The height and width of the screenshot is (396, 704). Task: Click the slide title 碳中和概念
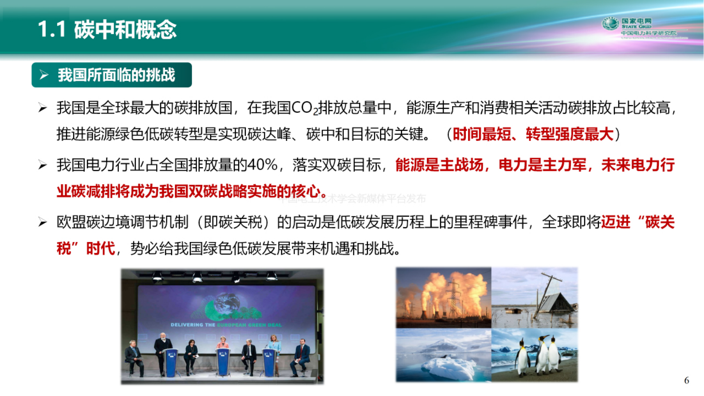pos(125,30)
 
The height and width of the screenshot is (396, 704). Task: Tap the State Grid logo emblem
pos(610,24)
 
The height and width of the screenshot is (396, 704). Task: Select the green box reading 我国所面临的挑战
pos(112,75)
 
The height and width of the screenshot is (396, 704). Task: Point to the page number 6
pos(686,380)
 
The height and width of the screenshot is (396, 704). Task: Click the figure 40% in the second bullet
pos(262,165)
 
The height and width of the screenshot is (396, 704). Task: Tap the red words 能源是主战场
pos(439,165)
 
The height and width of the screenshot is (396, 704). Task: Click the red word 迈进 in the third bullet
pos(616,222)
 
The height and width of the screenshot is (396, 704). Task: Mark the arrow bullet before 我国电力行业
pos(43,165)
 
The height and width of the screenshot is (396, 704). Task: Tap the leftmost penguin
pos(523,357)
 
